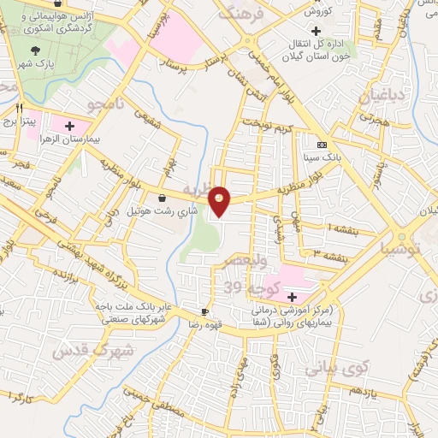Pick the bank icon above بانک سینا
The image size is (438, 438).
click(322, 145)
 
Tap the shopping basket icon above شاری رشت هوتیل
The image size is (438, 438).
click(162, 198)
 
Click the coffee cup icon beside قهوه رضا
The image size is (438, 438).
click(204, 311)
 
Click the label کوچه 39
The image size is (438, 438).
click(246, 285)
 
